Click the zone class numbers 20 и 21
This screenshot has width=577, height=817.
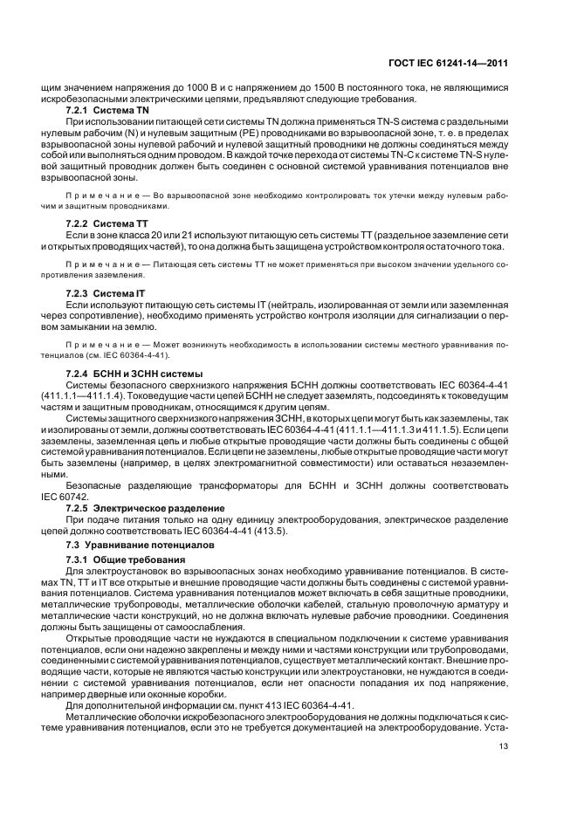[157, 237]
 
